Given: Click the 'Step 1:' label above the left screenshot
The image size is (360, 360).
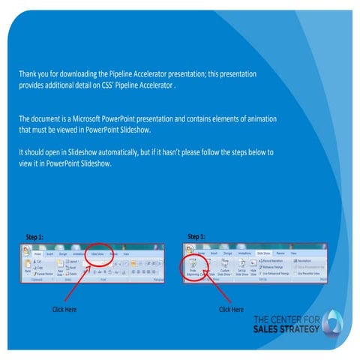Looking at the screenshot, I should pyautogui.click(x=34, y=238).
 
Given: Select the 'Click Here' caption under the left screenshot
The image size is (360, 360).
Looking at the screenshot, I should pyautogui.click(x=64, y=309).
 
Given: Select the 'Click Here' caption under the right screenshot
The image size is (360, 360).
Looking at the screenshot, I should pyautogui.click(x=231, y=309).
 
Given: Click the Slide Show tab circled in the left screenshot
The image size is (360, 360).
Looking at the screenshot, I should pyautogui.click(x=98, y=254).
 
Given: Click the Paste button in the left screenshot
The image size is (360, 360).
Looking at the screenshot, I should pyautogui.click(x=28, y=268).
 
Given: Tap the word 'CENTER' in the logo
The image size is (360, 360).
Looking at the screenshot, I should pyautogui.click(x=290, y=319).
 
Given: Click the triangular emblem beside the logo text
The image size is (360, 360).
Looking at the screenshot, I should pyautogui.click(x=336, y=322).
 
